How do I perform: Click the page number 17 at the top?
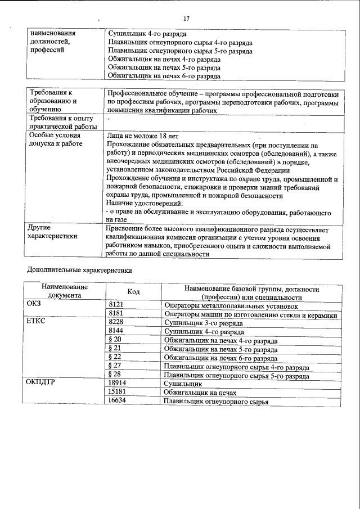pyautogui.click(x=186, y=19)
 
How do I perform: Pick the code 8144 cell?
pyautogui.click(x=115, y=332)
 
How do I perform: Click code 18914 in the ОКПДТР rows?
pyautogui.click(x=118, y=384)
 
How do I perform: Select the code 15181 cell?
pyautogui.click(x=118, y=393)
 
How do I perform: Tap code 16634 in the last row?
pyautogui.click(x=118, y=402)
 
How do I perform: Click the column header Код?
pyautogui.click(x=133, y=292)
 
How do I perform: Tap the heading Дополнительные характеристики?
pyautogui.click(x=79, y=270)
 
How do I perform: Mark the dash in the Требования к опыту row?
pyautogui.click(x=108, y=120)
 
